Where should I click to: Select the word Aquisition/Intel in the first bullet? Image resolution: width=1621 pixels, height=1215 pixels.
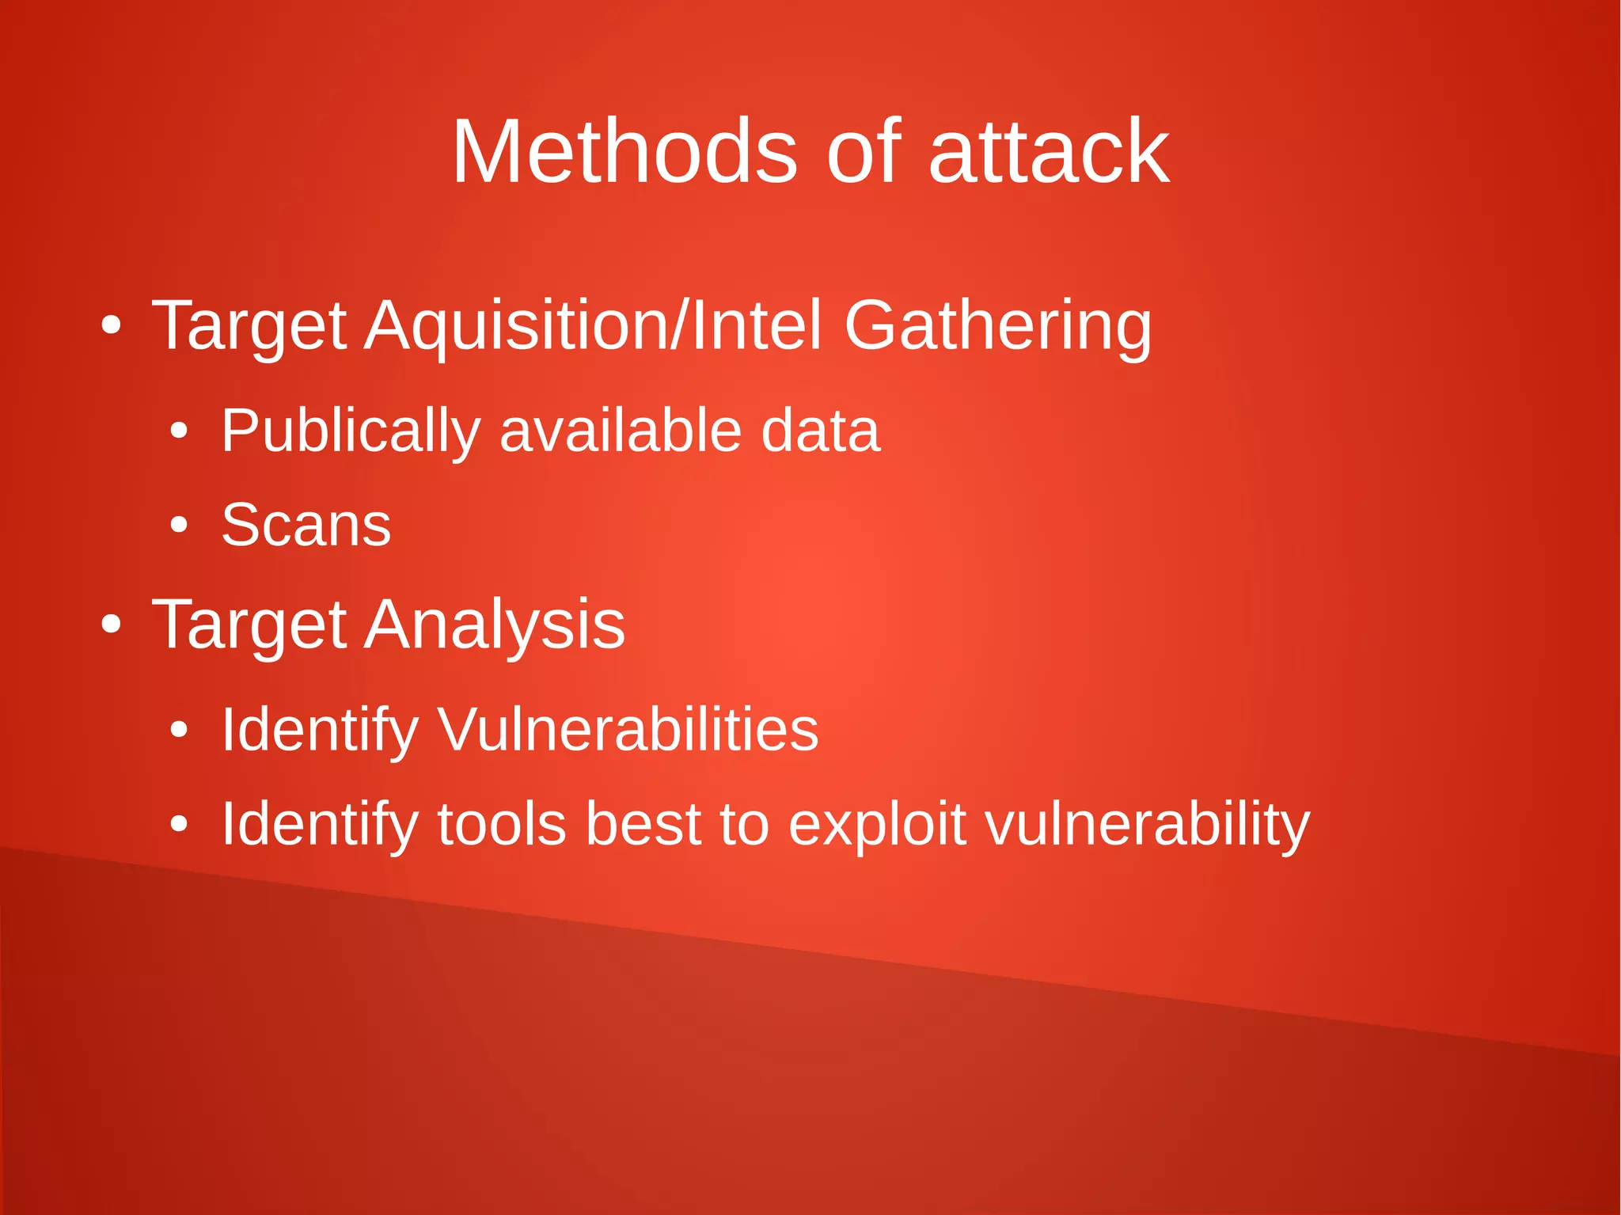[x=593, y=325]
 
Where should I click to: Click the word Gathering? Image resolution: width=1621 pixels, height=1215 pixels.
[x=997, y=325]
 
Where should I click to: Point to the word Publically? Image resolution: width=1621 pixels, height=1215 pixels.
[x=351, y=431]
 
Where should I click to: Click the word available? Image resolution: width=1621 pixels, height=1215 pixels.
[x=620, y=431]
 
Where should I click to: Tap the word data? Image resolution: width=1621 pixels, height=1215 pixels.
[x=820, y=431]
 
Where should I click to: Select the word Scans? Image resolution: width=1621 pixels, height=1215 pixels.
[x=306, y=525]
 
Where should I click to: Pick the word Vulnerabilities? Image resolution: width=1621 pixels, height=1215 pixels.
[x=628, y=729]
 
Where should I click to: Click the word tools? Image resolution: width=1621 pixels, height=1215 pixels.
[x=501, y=824]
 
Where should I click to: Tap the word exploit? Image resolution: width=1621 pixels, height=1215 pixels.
[x=877, y=824]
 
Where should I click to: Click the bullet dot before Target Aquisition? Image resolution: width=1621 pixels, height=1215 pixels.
[x=111, y=325]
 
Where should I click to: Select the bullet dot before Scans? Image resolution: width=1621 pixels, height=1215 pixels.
[x=179, y=525]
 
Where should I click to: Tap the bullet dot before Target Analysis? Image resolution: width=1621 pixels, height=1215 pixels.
[x=111, y=625]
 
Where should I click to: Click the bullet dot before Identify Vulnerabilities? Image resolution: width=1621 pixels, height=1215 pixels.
[x=179, y=729]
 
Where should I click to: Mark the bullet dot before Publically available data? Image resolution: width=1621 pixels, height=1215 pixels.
[x=179, y=431]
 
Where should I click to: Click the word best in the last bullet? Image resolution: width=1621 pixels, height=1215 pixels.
[x=643, y=824]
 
